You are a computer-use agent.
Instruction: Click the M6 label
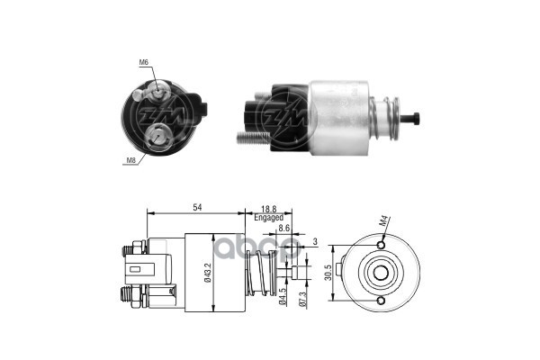144,62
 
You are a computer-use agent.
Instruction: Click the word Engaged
268,218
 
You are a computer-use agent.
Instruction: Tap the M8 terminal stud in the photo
157,134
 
